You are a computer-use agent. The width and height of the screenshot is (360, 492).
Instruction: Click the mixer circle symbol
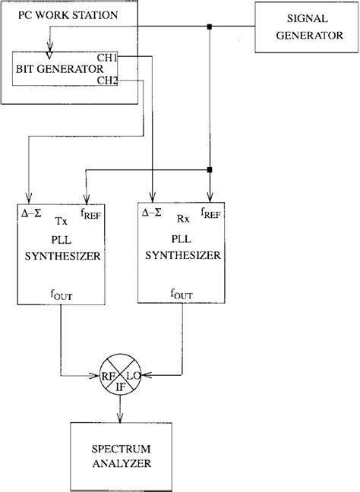[x=121, y=374]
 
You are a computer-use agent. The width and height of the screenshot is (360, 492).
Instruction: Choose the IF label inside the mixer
[x=121, y=386]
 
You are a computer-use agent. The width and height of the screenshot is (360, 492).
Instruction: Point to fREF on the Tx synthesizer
[x=90, y=215]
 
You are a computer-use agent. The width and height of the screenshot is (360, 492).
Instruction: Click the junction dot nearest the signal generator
[x=209, y=28]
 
